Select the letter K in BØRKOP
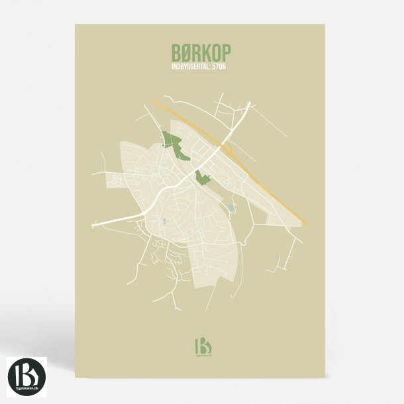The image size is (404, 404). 205,52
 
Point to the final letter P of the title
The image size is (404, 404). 227,52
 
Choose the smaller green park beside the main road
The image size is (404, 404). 202,177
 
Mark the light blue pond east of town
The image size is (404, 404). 230,208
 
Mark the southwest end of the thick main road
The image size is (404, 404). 94,225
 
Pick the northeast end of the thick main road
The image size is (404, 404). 250,103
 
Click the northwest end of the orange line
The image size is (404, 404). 153,101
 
